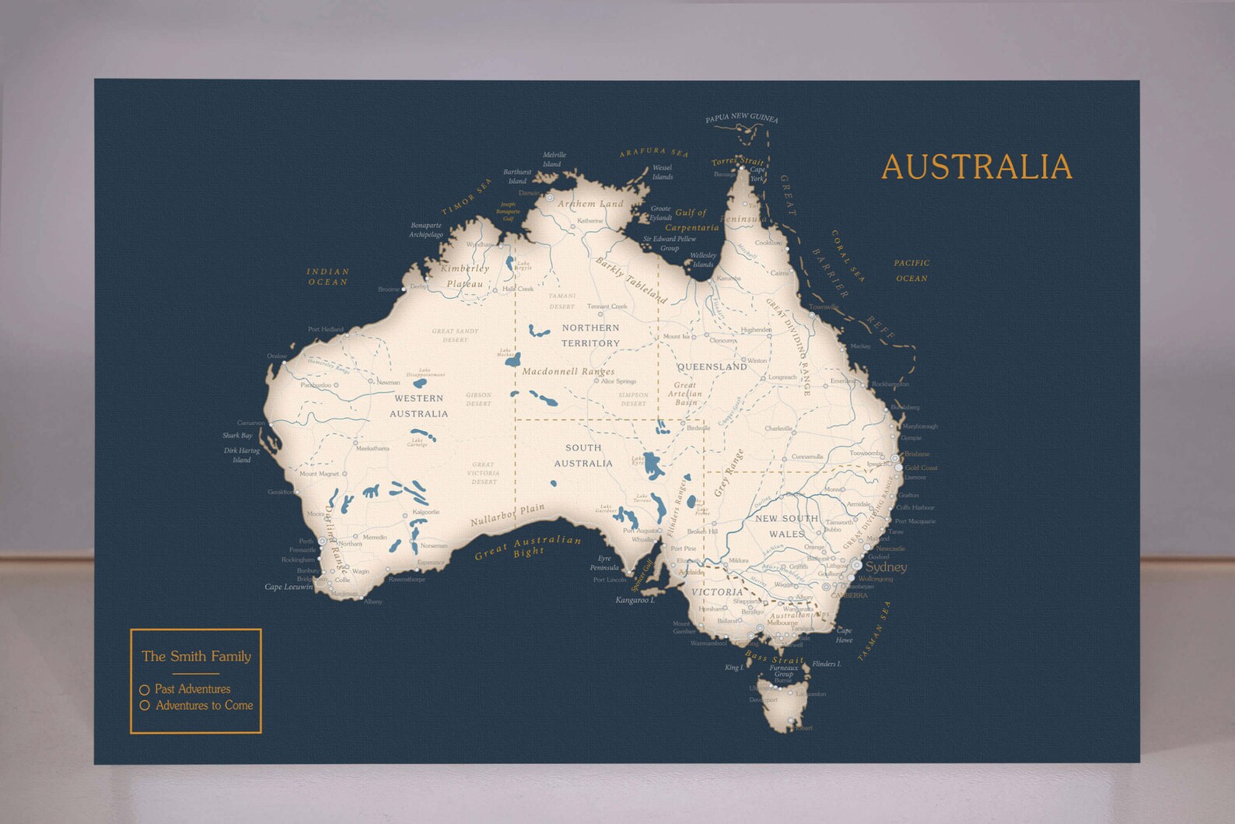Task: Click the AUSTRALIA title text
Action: pyautogui.click(x=976, y=167)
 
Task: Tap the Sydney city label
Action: pyautogui.click(x=886, y=567)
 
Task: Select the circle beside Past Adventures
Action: pyautogui.click(x=145, y=690)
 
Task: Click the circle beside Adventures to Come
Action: pyautogui.click(x=145, y=706)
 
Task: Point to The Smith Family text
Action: pyautogui.click(x=196, y=656)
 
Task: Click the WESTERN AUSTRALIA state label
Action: pyautogui.click(x=418, y=406)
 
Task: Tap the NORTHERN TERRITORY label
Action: pyautogui.click(x=591, y=335)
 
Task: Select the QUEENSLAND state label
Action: pyautogui.click(x=712, y=366)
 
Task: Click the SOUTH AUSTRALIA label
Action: pyautogui.click(x=583, y=455)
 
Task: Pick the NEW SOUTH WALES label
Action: pyautogui.click(x=787, y=526)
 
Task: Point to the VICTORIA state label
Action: pyautogui.click(x=717, y=592)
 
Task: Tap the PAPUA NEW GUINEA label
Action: pyautogui.click(x=741, y=118)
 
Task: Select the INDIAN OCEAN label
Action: pyautogui.click(x=328, y=276)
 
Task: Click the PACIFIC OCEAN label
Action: pyautogui.click(x=911, y=271)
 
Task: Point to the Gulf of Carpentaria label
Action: pyautogui.click(x=691, y=220)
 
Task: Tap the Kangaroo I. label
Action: pyautogui.click(x=635, y=600)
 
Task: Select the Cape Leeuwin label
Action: pyautogui.click(x=289, y=587)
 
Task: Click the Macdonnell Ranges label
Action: pyautogui.click(x=568, y=371)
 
